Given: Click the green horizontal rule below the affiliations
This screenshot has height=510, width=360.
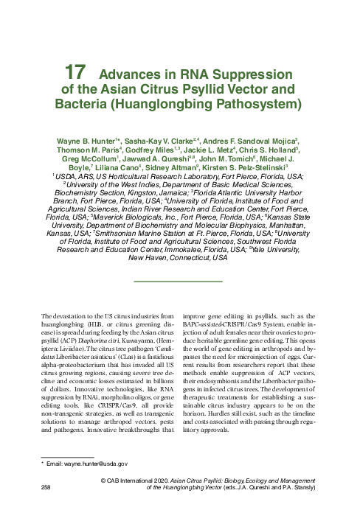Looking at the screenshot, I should [x=179, y=282].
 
